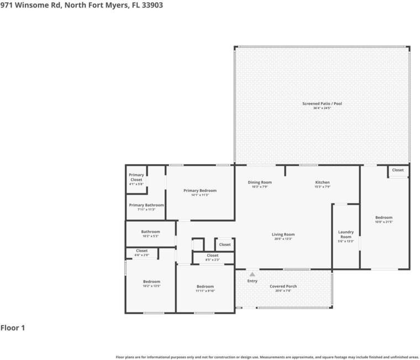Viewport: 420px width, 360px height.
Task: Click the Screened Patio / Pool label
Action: click(322, 103)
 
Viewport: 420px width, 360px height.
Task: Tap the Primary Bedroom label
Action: click(200, 190)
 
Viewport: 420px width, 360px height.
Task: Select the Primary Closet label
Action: click(136, 177)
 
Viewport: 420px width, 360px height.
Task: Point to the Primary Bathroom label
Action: click(146, 205)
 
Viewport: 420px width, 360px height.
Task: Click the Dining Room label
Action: click(259, 182)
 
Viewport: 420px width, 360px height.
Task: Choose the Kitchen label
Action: click(322, 182)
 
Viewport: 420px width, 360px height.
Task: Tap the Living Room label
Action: click(283, 234)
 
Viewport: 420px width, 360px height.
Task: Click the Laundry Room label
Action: click(346, 234)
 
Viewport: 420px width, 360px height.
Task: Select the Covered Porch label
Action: click(283, 286)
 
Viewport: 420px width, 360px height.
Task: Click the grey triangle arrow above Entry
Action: click(252, 274)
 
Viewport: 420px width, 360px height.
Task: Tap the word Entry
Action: click(252, 281)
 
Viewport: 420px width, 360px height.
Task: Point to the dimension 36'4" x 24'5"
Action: click(322, 108)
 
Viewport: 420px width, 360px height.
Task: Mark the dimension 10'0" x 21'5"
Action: click(384, 222)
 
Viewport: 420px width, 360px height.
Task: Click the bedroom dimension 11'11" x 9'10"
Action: click(205, 291)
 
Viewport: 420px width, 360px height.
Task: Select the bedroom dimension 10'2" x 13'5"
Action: click(151, 286)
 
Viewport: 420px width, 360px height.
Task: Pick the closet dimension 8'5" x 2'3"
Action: click(212, 259)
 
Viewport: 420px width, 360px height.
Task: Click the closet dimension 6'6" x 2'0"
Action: click(141, 255)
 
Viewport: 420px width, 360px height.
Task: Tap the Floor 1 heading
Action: click(13, 328)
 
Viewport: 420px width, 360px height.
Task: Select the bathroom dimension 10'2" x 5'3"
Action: click(150, 236)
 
